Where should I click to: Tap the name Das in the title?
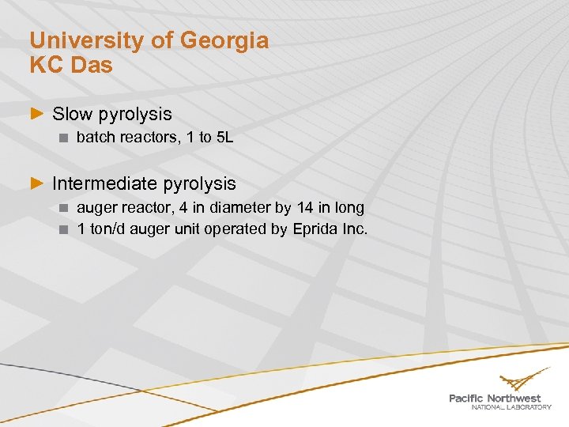pos(92,65)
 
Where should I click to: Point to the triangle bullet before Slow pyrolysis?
pos(36,115)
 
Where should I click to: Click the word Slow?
pos(72,115)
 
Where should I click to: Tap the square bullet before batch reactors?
pos(65,138)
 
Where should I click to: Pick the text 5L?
pos(225,138)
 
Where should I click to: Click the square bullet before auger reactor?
pos(65,209)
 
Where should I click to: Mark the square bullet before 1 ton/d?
pos(65,230)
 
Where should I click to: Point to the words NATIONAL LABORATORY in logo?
pos(511,407)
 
